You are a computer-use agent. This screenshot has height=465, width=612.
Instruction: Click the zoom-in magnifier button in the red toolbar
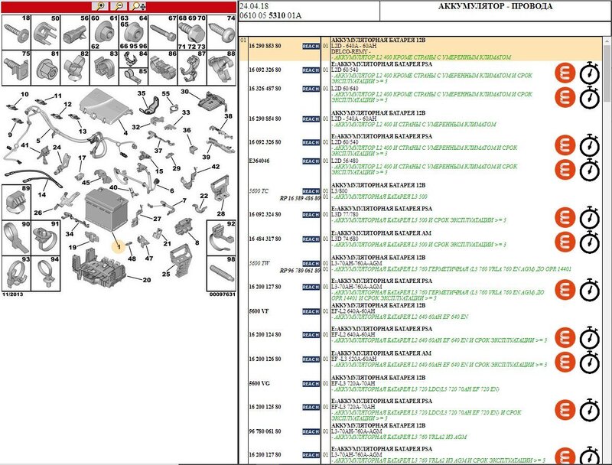[x=101, y=5]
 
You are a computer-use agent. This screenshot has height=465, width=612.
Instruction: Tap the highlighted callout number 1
[x=119, y=246]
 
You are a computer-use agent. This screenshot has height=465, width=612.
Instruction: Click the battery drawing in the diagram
[x=104, y=207]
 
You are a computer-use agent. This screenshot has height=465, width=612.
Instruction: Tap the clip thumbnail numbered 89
[x=16, y=201]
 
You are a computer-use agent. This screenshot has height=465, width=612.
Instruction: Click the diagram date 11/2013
[x=13, y=294]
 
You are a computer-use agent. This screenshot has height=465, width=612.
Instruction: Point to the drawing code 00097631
[x=221, y=294]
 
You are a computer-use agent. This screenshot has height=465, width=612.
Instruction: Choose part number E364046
[x=260, y=161]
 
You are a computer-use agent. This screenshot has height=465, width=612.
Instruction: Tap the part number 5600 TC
[x=260, y=190]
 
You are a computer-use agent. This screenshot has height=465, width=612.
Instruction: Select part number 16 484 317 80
[x=265, y=239]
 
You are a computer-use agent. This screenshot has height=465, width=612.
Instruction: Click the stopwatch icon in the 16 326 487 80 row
[x=589, y=97]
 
